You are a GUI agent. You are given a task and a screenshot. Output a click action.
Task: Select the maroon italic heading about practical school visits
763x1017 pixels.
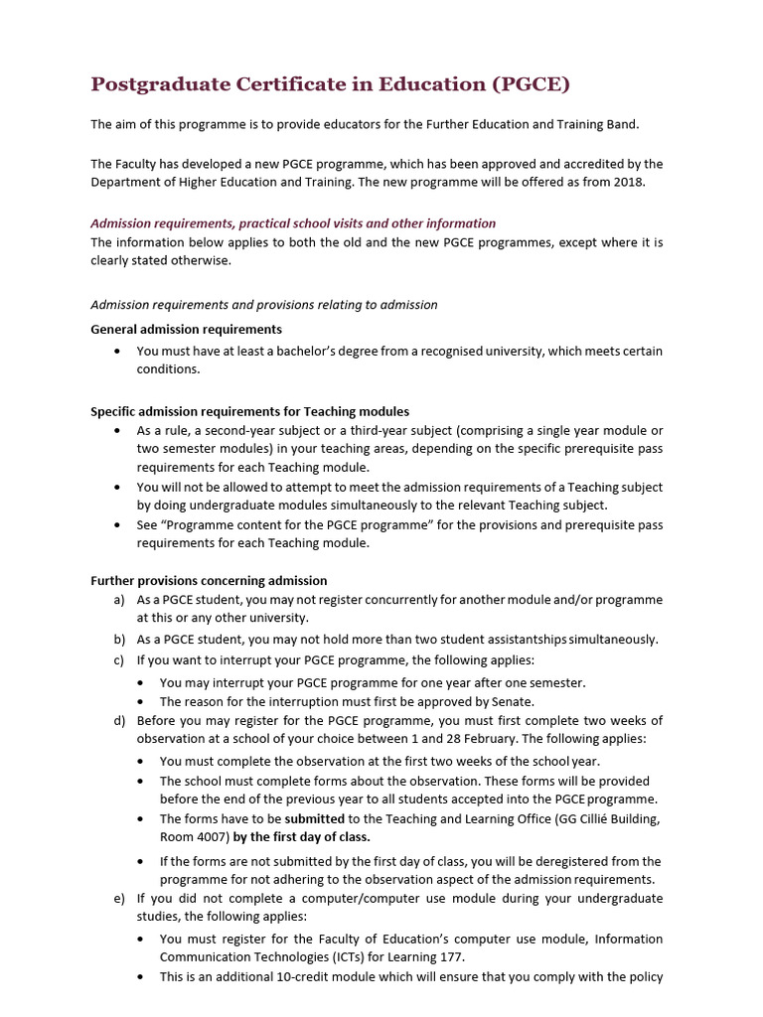(x=293, y=223)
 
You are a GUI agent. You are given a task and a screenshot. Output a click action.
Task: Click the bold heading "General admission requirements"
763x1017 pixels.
(x=186, y=329)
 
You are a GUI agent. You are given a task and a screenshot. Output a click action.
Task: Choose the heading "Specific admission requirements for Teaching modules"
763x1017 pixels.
(x=249, y=411)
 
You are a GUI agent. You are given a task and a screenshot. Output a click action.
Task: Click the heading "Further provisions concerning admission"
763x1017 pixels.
(x=209, y=580)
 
